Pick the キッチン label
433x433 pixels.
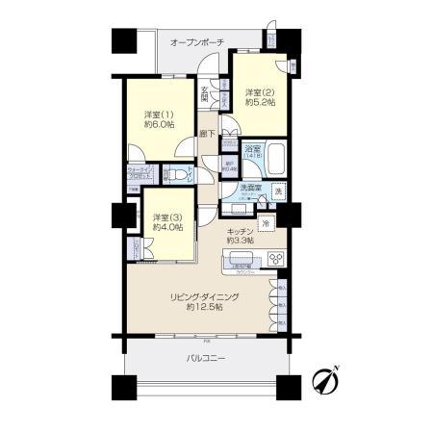coord(240,232)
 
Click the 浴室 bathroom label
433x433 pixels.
coord(252,150)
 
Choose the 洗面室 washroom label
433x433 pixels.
coord(252,187)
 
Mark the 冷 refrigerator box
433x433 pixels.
coord(264,224)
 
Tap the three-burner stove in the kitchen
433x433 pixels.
coord(277,259)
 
